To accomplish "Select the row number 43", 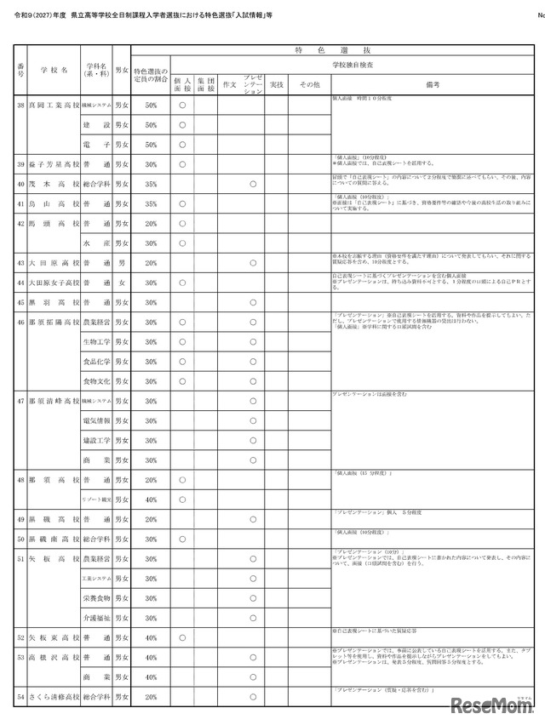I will (20, 263).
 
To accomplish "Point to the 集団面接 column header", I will (205, 84).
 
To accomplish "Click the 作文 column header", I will (228, 84).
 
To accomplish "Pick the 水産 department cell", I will (96, 243).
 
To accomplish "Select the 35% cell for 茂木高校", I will (151, 184).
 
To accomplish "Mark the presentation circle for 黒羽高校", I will (253, 302).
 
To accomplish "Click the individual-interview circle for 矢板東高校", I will (182, 637).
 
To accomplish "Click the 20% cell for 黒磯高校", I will (151, 519).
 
